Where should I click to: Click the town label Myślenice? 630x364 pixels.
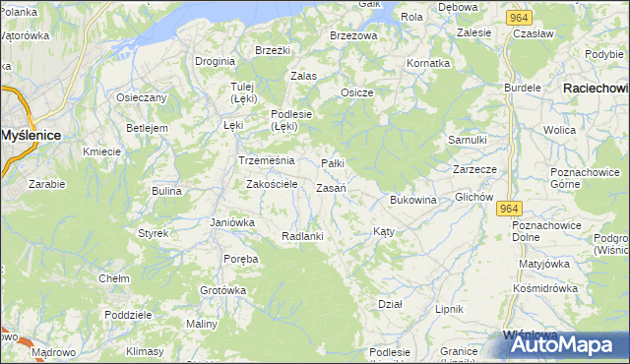(30, 134)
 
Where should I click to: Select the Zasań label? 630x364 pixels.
(330, 188)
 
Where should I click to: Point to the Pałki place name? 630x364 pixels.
(334, 163)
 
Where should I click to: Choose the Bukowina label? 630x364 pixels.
(412, 201)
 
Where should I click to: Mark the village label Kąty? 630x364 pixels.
(384, 232)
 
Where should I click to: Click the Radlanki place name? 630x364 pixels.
(302, 236)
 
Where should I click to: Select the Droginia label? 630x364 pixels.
(215, 61)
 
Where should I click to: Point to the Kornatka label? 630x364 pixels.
(428, 63)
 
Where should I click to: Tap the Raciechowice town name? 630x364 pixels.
(595, 88)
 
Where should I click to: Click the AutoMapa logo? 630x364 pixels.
(557, 345)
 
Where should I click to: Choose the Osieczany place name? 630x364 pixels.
(142, 97)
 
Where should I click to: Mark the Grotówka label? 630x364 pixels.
(222, 291)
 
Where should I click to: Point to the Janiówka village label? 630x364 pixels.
(232, 222)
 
